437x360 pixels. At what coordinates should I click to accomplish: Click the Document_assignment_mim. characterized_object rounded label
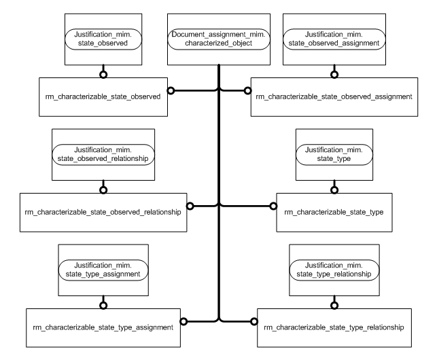click(218, 38)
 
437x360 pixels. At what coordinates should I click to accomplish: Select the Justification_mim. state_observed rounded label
click(102, 38)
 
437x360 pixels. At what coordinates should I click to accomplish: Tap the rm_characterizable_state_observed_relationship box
click(102, 212)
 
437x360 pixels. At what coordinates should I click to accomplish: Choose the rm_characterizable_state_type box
click(334, 212)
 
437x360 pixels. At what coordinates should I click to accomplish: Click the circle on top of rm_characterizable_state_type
click(333, 190)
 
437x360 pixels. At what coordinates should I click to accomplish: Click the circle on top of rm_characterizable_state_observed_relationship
click(102, 190)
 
